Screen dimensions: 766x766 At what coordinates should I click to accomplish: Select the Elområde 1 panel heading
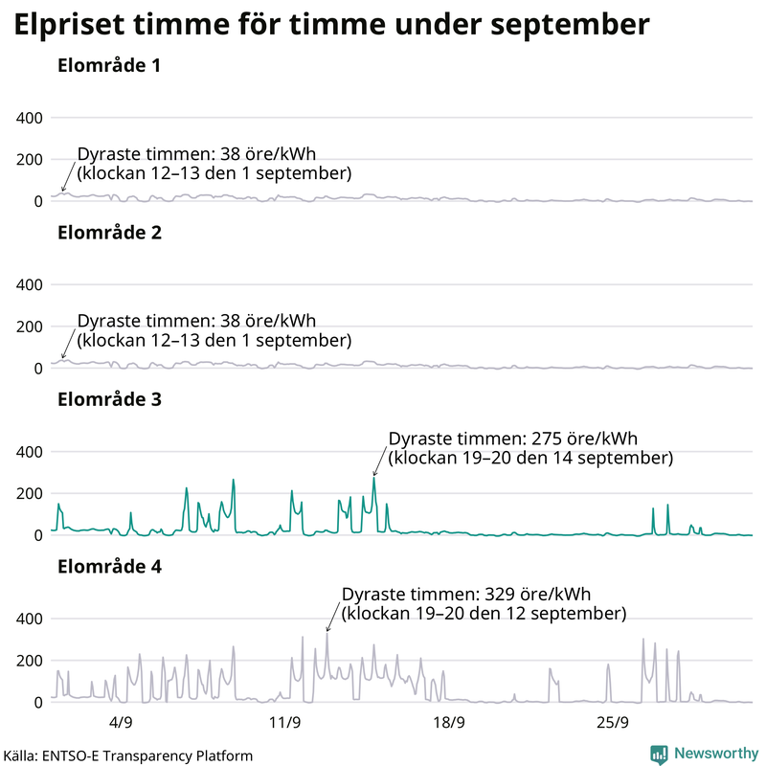(108, 66)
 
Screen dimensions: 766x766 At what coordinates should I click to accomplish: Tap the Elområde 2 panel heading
(108, 233)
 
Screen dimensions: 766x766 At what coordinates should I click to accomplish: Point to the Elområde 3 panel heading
(108, 399)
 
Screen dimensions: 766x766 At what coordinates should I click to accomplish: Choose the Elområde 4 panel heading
(108, 566)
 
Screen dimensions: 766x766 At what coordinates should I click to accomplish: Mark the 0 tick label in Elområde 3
(38, 535)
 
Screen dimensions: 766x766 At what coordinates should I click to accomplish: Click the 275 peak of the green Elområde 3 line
(374, 479)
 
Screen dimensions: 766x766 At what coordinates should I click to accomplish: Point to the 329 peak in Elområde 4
(327, 635)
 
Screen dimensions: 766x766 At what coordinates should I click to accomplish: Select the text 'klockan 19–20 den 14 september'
(531, 459)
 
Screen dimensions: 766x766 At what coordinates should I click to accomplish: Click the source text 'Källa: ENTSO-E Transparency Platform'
(128, 755)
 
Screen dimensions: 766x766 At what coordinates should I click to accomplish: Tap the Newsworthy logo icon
(660, 754)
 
